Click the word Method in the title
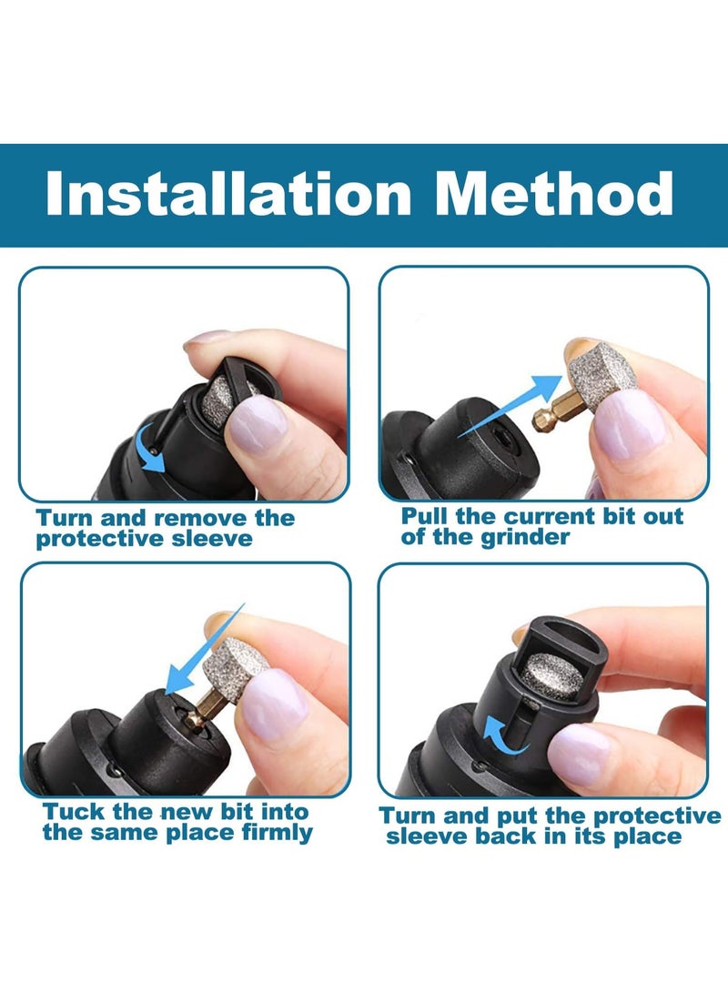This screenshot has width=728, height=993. tap(554, 194)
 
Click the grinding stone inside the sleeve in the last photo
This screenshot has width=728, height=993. tap(552, 674)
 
